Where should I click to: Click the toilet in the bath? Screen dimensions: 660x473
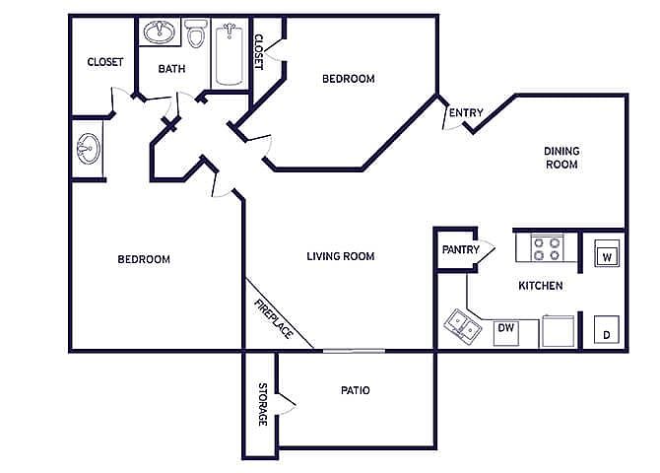tap(196, 33)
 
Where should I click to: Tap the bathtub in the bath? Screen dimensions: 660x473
tap(229, 54)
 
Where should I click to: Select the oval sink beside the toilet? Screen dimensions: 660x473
tap(160, 32)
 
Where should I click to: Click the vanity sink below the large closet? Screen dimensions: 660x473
tap(89, 149)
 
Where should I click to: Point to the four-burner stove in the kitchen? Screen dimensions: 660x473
tap(547, 248)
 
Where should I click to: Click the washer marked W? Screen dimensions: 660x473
tap(607, 253)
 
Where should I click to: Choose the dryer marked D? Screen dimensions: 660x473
tap(607, 329)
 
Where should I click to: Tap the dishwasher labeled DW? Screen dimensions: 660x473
tap(506, 333)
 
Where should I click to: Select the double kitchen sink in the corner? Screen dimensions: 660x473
tap(463, 325)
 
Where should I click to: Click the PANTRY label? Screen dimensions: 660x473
tap(460, 249)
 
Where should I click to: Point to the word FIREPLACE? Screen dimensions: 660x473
tap(274, 319)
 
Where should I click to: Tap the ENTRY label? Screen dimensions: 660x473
tap(466, 113)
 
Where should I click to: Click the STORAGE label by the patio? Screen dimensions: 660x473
tap(262, 404)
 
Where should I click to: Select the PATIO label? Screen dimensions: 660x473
tap(356, 390)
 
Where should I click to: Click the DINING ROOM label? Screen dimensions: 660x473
tap(561, 158)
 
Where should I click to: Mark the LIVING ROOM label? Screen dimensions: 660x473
tap(341, 256)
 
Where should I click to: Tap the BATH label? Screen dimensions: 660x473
tap(171, 69)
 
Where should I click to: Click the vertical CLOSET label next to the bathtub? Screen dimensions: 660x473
tap(258, 52)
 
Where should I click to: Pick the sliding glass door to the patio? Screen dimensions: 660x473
tap(354, 351)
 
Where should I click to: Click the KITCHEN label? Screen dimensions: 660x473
tap(541, 286)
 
